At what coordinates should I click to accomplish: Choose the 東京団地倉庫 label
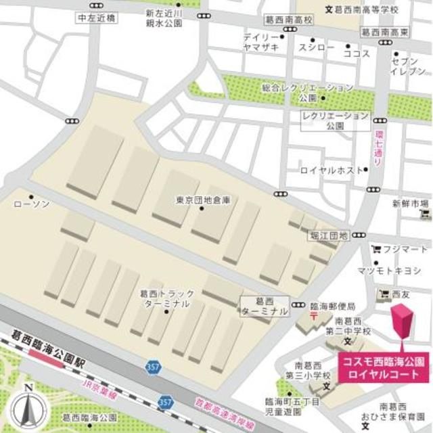(203, 201)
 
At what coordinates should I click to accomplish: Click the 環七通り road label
(378, 147)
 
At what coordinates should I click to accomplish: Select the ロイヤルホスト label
(332, 170)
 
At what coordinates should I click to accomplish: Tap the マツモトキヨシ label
(399, 272)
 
